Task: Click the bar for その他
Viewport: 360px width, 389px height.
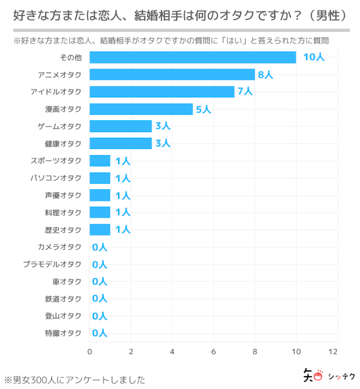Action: [x=193, y=57]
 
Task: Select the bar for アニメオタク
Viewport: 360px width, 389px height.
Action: [x=172, y=75]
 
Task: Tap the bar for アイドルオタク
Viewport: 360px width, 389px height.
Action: [x=162, y=92]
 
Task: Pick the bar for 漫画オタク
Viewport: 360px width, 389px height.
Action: [x=141, y=109]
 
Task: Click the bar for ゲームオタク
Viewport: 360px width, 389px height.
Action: [x=120, y=126]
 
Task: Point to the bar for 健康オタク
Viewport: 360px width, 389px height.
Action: [x=120, y=143]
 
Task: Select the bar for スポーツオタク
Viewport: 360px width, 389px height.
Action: [x=100, y=161]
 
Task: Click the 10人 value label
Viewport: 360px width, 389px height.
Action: [x=313, y=57]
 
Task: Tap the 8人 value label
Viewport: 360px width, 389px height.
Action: [x=265, y=75]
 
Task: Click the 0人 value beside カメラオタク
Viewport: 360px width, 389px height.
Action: [x=99, y=247]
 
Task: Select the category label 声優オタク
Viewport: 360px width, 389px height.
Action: [x=63, y=195]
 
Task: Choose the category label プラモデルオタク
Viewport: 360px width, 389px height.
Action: [x=52, y=264]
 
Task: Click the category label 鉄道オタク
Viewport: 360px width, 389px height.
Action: [x=63, y=298]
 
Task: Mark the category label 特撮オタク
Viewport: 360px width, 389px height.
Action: [x=63, y=333]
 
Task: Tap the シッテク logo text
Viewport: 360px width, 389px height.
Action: [x=341, y=376]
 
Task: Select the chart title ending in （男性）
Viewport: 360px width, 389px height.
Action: [x=180, y=17]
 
